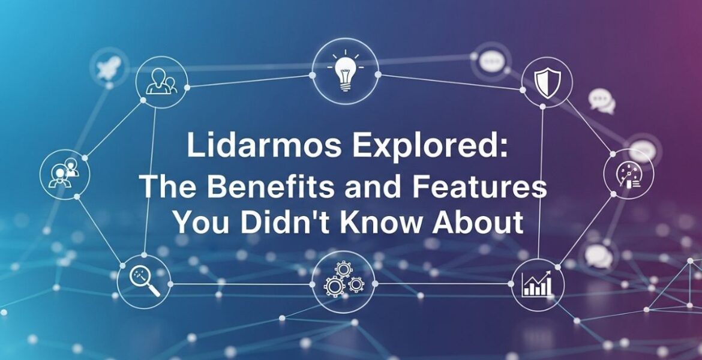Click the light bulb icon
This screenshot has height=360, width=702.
click(346, 74)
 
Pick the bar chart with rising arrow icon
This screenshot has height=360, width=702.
click(538, 284)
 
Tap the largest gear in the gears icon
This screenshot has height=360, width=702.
click(334, 285)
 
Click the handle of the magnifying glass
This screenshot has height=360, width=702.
click(153, 290)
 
